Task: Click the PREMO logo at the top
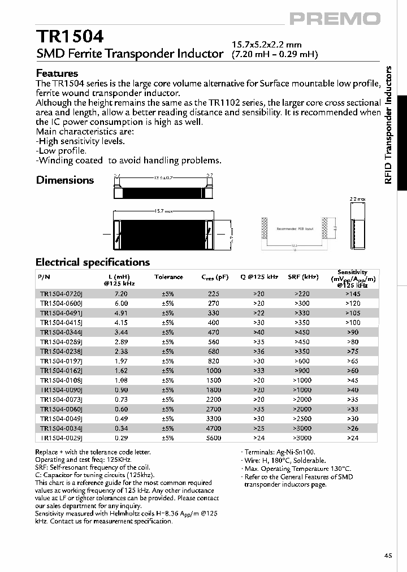point(335,18)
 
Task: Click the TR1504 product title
point(70,37)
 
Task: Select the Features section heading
point(57,73)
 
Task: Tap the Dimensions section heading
point(65,180)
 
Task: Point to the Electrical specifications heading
point(93,262)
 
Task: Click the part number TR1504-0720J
point(61,294)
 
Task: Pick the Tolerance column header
point(168,277)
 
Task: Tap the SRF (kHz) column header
point(303,277)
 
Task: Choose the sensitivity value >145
point(352,294)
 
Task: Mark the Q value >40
point(259,332)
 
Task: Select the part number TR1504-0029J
point(61,438)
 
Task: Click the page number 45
point(388,556)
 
